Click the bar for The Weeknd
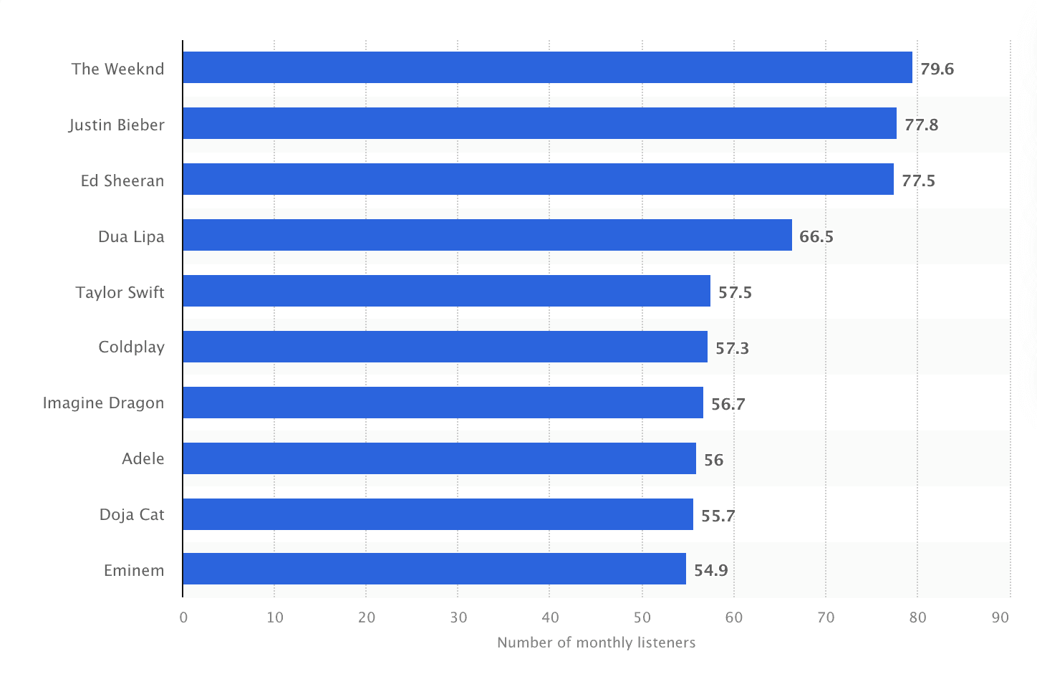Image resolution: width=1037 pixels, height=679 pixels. coord(547,67)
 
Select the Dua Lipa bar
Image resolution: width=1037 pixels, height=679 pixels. coord(487,235)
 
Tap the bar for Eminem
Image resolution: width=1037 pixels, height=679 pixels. coord(434,569)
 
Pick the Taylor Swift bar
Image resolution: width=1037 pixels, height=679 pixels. coord(446,291)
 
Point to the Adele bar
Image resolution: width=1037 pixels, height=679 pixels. coord(439,458)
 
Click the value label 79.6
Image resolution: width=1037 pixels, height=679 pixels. coord(937,69)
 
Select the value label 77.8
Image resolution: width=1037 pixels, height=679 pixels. coord(921,125)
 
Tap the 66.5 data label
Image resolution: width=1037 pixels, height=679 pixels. coord(816,236)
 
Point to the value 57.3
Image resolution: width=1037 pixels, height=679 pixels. coord(732,348)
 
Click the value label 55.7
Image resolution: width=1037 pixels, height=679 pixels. coord(718,516)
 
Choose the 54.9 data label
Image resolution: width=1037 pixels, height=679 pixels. coord(710,570)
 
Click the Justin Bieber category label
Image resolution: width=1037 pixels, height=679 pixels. coord(117,125)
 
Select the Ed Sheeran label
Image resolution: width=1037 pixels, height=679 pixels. coord(122,180)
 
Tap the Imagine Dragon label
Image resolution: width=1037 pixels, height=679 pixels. coord(104,403)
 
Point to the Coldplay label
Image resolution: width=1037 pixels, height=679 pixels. coord(132,347)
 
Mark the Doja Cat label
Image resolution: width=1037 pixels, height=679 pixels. coord(132,514)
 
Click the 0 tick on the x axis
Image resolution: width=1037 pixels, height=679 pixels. coord(183,617)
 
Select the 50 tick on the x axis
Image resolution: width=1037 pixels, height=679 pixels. coord(642,617)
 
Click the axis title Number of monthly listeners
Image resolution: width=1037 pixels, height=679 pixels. coord(596,642)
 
